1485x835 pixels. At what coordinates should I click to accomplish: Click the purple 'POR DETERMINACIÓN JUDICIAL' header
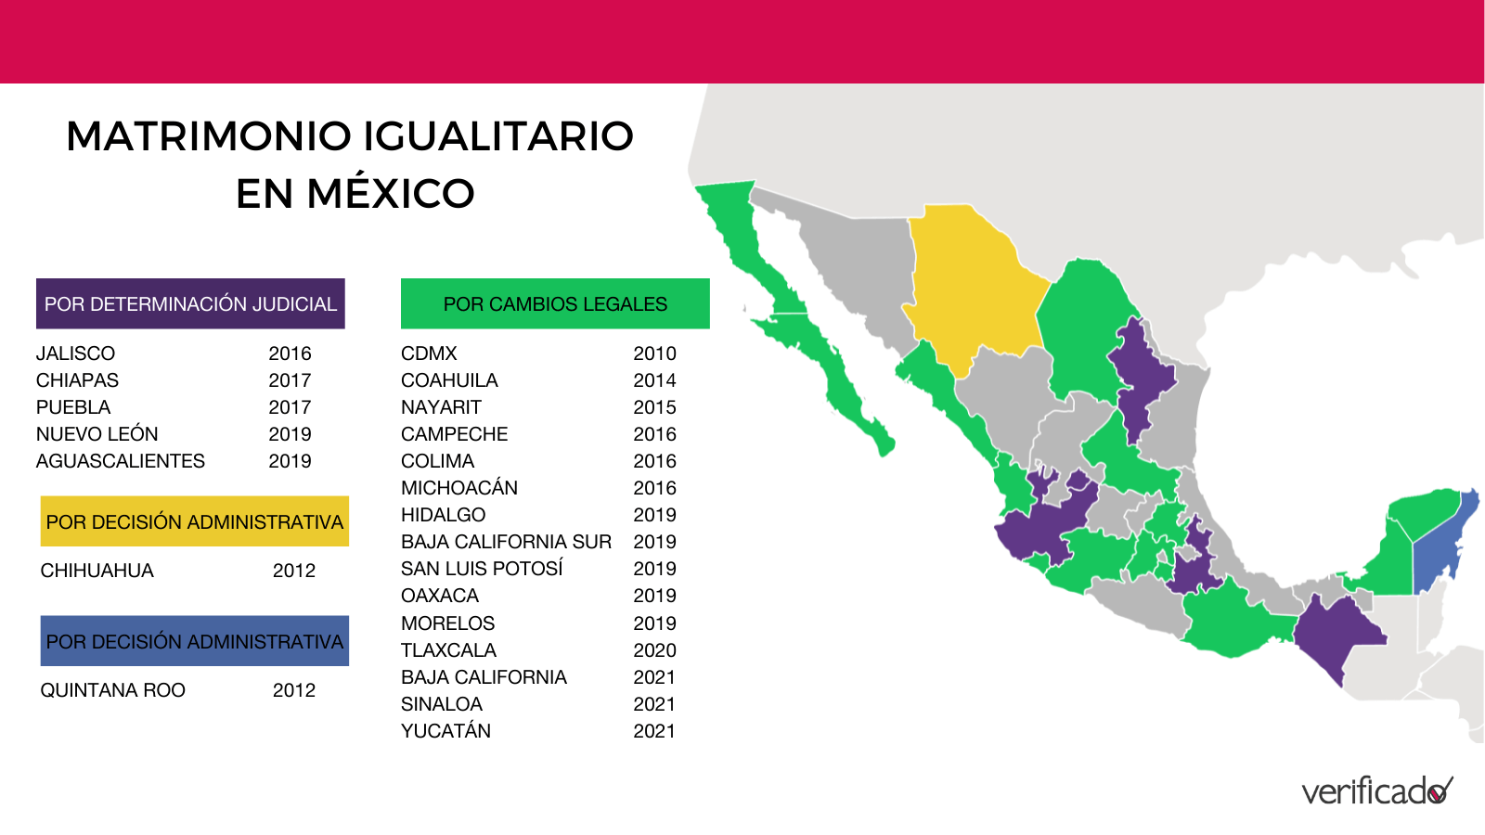tap(190, 303)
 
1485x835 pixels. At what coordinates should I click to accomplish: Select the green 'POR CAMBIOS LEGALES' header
tap(555, 303)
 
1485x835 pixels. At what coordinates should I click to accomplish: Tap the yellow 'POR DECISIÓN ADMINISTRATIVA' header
tap(194, 521)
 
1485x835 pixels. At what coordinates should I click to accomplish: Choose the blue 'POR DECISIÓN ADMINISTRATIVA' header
tap(194, 641)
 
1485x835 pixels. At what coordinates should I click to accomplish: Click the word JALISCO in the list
tap(76, 353)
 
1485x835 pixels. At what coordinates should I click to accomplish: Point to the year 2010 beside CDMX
tap(654, 353)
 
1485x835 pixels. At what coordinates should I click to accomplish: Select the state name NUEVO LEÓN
tap(97, 434)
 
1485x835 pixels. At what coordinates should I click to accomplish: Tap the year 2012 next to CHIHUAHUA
tap(294, 571)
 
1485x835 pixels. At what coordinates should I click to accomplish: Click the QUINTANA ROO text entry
tap(113, 690)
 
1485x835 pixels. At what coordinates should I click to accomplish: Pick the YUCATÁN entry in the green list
tap(445, 731)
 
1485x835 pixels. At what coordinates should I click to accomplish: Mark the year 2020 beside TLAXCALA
tap(654, 650)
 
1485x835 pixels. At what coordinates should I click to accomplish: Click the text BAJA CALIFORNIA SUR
tap(506, 542)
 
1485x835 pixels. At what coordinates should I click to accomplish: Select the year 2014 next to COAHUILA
tap(654, 380)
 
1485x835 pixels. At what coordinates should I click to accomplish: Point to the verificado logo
tap(1376, 791)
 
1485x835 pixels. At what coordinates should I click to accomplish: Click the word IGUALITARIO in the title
tap(497, 136)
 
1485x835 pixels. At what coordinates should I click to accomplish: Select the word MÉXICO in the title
tap(391, 194)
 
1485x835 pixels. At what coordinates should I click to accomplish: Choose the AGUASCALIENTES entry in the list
tap(121, 461)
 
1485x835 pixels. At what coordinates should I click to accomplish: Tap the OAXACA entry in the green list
tap(440, 596)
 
